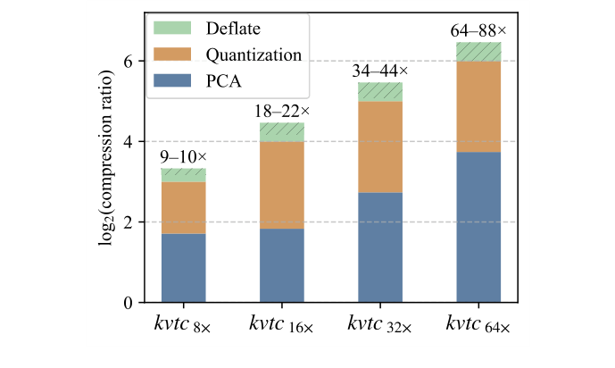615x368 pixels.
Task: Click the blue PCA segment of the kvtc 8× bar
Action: (184, 268)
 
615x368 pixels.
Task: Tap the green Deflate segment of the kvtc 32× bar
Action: (380, 92)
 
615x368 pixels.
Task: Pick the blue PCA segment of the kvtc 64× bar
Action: (478, 227)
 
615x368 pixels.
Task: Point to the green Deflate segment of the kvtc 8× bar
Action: (184, 175)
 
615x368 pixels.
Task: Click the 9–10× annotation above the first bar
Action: (184, 157)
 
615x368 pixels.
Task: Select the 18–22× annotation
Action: (282, 112)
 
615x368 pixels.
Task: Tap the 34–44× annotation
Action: (380, 71)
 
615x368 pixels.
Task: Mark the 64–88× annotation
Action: (478, 31)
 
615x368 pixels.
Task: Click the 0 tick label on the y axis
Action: (128, 303)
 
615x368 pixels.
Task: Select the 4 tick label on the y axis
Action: (128, 142)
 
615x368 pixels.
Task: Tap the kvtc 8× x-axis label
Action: (184, 327)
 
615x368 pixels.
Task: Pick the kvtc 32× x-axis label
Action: (380, 327)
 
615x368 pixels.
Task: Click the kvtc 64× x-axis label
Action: (478, 327)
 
